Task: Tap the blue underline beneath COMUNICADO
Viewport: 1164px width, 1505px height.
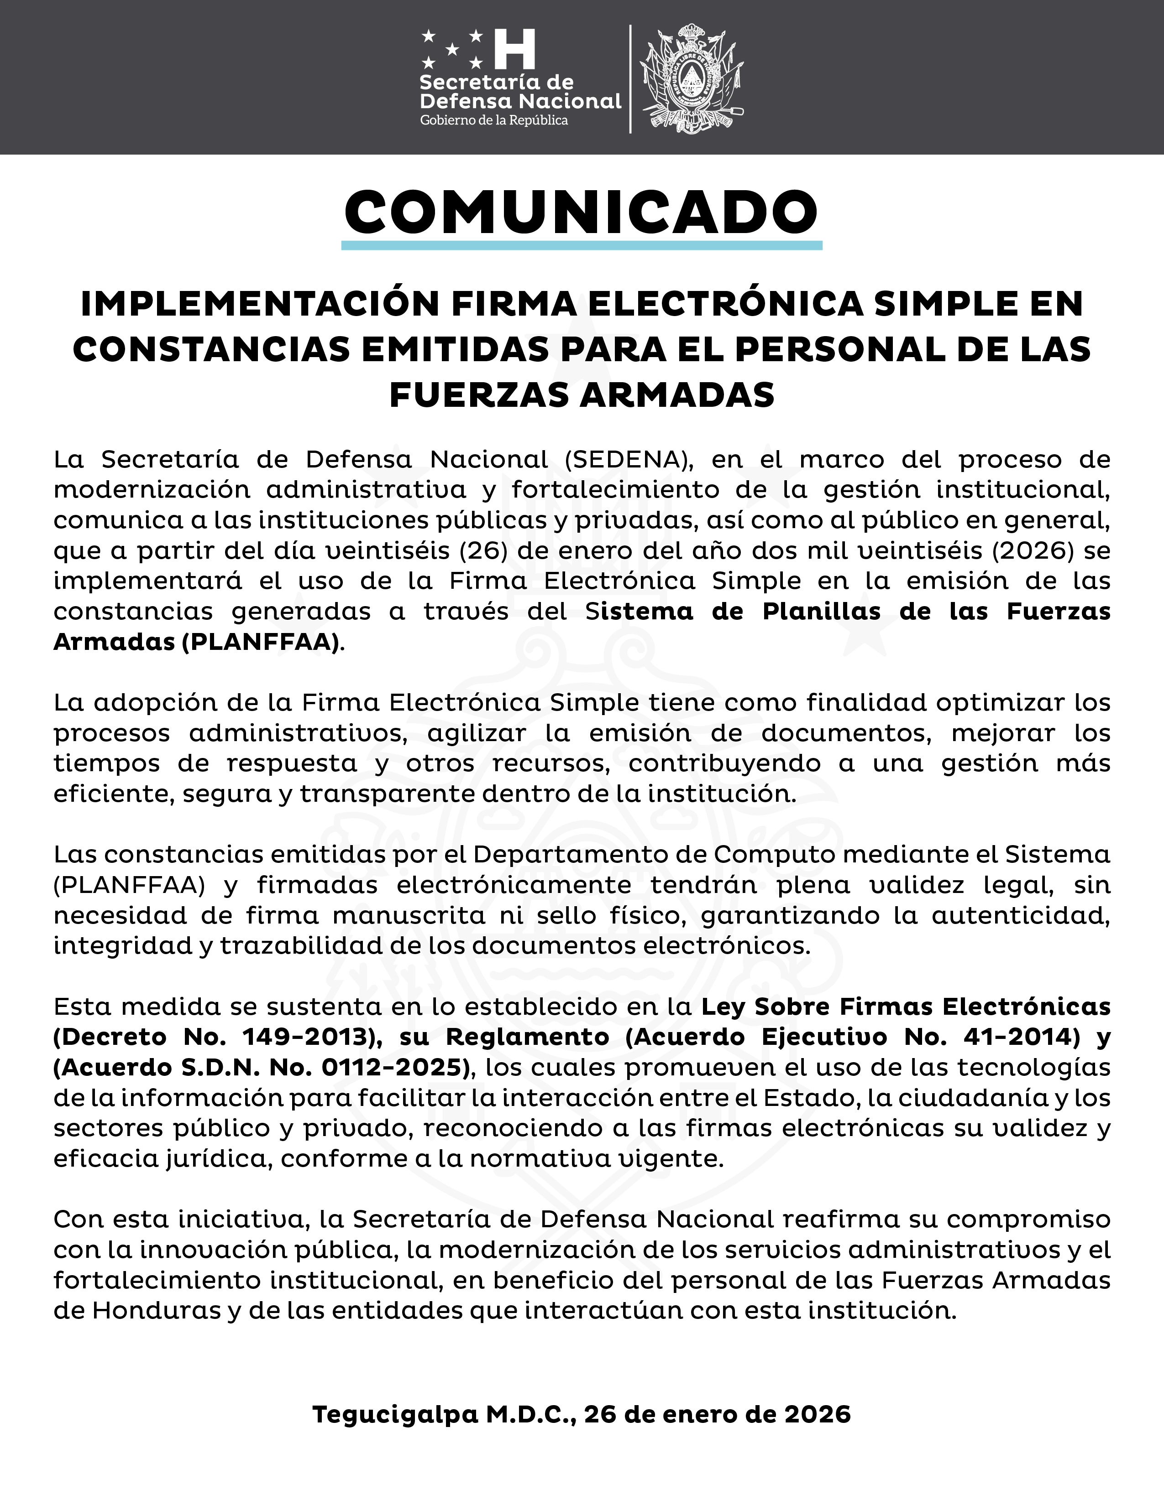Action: [581, 245]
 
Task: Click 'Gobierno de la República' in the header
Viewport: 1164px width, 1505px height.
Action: [494, 120]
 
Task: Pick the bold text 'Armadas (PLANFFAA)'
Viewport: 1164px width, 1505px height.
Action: [199, 642]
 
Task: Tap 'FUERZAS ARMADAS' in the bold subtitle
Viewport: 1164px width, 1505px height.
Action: [581, 395]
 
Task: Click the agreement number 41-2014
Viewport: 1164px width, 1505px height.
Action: [1012, 1037]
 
